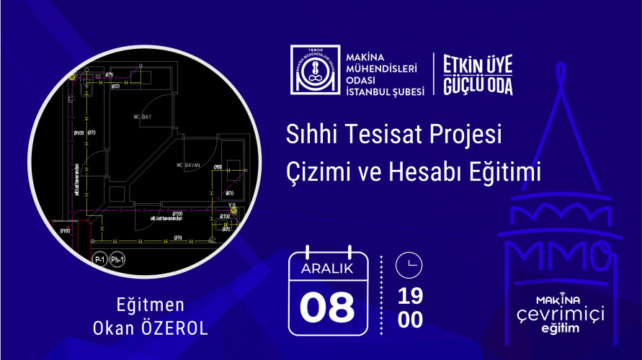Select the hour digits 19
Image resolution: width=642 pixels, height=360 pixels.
click(410, 296)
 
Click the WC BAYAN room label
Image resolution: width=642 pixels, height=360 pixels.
click(189, 166)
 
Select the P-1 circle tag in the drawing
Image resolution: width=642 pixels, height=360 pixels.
click(100, 259)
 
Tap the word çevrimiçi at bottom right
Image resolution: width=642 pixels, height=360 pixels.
click(564, 315)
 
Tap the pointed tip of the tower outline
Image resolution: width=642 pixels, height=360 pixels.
click(560, 66)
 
